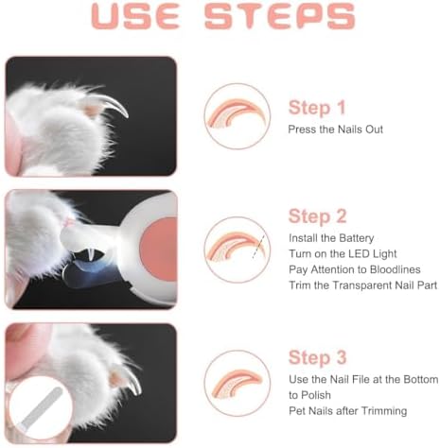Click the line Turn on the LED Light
[x=343, y=255]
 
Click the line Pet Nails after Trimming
[x=347, y=410]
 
